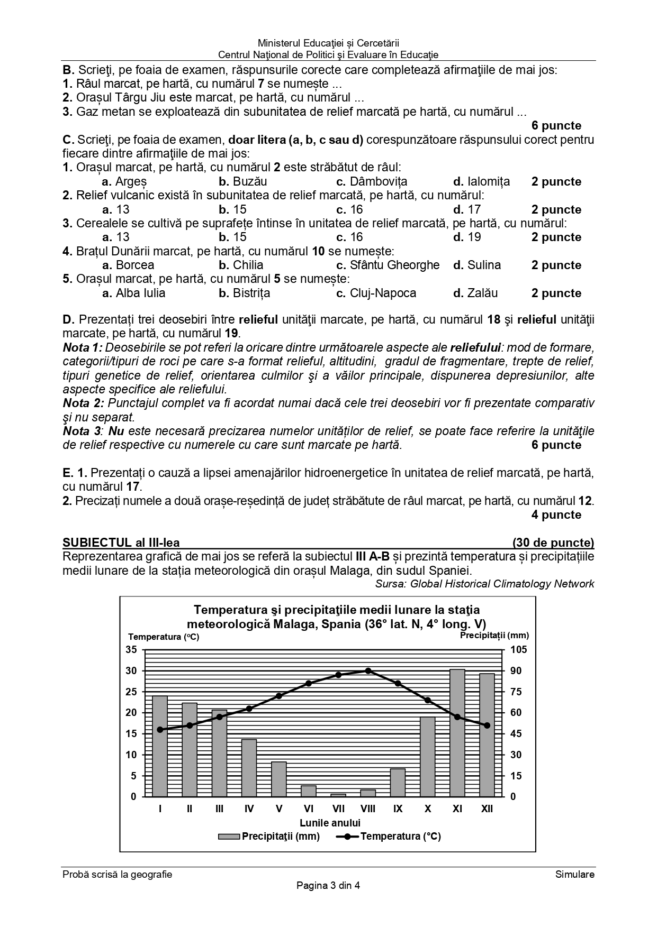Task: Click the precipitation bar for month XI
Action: pos(457,733)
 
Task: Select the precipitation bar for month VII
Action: pos(338,795)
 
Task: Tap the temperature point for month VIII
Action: pos(368,670)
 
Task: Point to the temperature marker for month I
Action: pos(160,730)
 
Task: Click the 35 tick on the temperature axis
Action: pos(131,650)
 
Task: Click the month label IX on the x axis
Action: pos(398,809)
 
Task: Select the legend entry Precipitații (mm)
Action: pos(269,837)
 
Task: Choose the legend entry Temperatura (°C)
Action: pos(389,837)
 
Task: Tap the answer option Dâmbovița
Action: pos(378,182)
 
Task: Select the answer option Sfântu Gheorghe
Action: pos(394,265)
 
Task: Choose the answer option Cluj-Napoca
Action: pos(383,293)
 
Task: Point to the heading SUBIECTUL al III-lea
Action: pos(121,543)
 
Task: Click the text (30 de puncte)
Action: pos(553,543)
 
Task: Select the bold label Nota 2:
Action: pos(84,403)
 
